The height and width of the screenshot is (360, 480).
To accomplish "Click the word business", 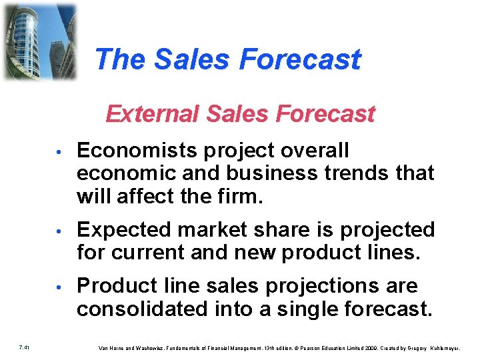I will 264,173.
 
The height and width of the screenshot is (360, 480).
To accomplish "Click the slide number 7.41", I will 23,347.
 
